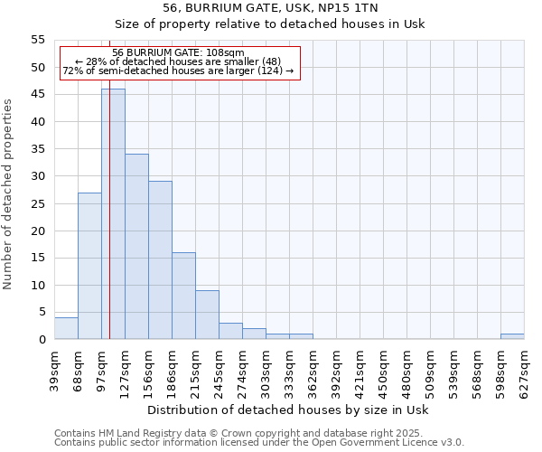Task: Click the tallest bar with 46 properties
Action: [113, 214]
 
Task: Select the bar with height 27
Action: [89, 266]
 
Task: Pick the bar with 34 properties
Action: [136, 247]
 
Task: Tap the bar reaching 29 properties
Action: [160, 260]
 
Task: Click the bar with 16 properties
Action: [183, 296]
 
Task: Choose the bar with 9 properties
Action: [207, 315]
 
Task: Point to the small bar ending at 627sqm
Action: [512, 336]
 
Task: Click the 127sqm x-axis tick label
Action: [126, 371]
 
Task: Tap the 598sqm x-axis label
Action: [501, 371]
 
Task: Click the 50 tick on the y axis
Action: [38, 68]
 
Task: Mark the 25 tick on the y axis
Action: [38, 203]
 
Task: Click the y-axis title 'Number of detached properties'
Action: [8, 194]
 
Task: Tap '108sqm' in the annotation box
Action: [224, 52]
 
